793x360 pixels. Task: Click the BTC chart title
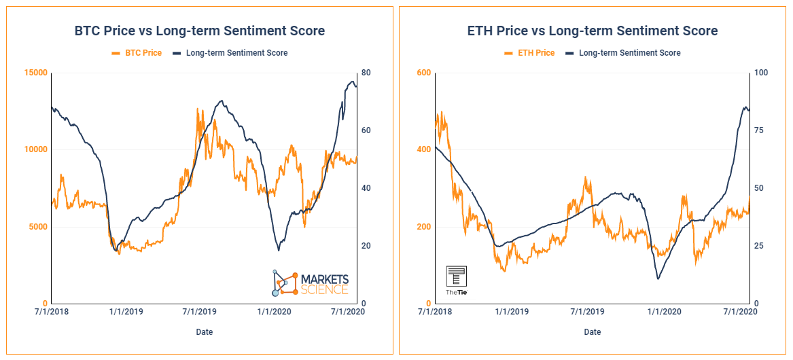199,31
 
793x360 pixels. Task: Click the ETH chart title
592,31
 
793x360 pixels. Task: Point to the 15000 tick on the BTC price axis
36,73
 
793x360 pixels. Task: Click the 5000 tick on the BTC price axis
38,226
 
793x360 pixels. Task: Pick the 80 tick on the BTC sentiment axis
364,73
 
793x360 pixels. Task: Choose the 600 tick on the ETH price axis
423,73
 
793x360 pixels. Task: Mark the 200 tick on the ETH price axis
423,226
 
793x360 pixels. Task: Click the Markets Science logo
311,284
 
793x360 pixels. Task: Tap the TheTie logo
456,280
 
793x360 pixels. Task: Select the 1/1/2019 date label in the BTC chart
126,312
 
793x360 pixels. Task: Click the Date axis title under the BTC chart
204,332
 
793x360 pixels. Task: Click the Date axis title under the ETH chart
592,332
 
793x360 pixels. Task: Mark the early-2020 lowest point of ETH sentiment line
658,278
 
